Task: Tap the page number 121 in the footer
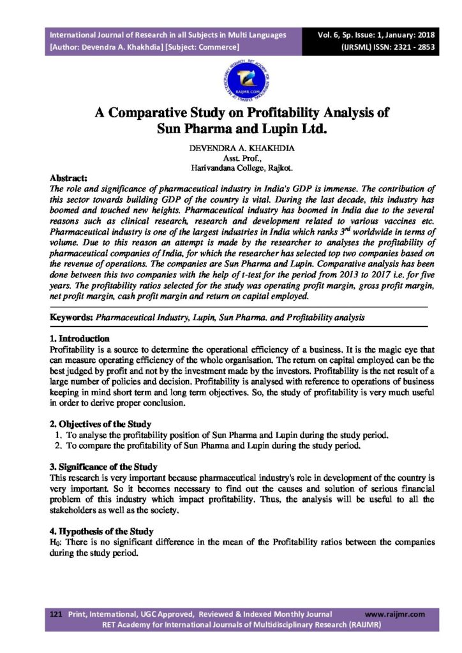[56, 613]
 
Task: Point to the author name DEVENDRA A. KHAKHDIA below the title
[231, 148]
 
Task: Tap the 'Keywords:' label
[71, 317]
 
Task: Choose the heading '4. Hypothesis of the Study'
[101, 531]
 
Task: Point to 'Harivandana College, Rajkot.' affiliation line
[231, 168]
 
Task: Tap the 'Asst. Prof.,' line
[231, 158]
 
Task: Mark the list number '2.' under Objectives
[58, 445]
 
